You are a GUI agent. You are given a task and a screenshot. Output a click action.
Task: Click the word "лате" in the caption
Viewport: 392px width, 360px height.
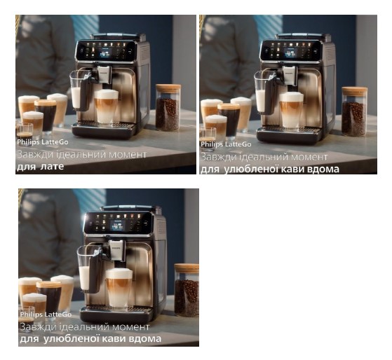click(52, 167)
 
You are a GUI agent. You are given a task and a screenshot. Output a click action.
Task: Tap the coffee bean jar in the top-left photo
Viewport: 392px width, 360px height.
click(168, 108)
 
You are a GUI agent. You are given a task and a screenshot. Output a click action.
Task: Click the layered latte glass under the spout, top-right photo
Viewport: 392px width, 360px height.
click(291, 111)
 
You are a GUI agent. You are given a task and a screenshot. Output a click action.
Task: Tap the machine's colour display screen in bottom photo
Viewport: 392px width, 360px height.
click(118, 226)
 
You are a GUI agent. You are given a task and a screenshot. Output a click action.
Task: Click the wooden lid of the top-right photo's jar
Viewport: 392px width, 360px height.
click(355, 91)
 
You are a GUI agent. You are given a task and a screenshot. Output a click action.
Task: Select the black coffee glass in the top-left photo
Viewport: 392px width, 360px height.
click(46, 116)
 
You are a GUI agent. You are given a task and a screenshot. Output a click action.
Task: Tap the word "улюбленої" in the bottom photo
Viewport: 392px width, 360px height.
click(72, 339)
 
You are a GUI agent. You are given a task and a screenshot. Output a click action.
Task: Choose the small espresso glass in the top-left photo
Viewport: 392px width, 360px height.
click(25, 131)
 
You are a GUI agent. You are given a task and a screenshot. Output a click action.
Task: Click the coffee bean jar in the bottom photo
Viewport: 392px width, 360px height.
click(187, 290)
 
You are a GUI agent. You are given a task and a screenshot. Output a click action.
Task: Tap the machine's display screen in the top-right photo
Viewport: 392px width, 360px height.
click(292, 53)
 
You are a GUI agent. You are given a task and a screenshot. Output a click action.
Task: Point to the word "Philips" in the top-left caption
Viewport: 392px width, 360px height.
click(28, 142)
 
